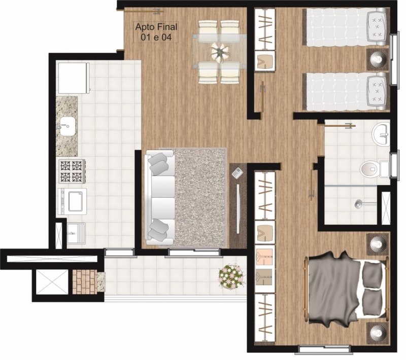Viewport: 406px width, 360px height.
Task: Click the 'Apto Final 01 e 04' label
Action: point(156,32)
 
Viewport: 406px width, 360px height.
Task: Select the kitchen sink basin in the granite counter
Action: point(67,126)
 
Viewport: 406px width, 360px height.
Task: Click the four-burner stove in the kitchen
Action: point(72,171)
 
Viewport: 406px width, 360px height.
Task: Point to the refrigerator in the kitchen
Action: point(74,78)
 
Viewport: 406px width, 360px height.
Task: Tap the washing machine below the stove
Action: point(72,201)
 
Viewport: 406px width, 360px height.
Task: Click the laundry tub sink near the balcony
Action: point(76,233)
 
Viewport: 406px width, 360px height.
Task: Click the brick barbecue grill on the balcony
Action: point(85,282)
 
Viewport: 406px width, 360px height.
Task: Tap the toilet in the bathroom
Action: point(374,169)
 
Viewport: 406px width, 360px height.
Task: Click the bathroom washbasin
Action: point(381,134)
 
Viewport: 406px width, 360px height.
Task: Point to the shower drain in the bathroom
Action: point(359,204)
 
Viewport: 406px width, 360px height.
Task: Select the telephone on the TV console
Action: point(237,173)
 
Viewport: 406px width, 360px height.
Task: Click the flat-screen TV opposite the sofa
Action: point(238,209)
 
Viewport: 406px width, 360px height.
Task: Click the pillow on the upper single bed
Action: point(377,27)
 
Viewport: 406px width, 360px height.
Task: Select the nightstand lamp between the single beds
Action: point(378,59)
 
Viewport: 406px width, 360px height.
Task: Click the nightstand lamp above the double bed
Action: point(378,244)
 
